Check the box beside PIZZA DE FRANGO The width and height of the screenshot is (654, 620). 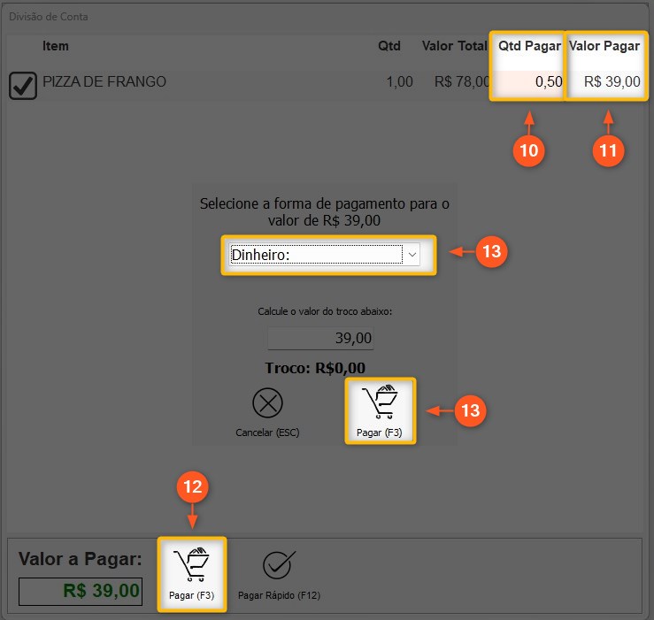(x=23, y=86)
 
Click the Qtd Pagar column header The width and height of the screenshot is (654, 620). (x=529, y=46)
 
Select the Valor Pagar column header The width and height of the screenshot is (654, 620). (x=604, y=46)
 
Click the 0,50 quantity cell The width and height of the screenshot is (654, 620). (x=549, y=81)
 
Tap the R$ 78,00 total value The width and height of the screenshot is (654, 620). (x=461, y=81)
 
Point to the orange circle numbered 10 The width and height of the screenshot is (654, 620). (x=529, y=150)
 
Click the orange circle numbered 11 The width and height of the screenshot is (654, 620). (x=608, y=150)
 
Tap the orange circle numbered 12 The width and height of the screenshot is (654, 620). (x=192, y=486)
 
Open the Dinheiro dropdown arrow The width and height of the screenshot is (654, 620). (x=412, y=255)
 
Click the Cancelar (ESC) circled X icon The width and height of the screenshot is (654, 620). (x=268, y=402)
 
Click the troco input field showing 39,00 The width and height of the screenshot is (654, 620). (x=320, y=338)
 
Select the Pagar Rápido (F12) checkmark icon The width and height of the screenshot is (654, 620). (x=279, y=565)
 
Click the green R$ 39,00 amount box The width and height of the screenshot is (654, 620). (x=81, y=591)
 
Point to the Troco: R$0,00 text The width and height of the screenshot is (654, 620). (x=315, y=368)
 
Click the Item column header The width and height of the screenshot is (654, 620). (x=56, y=46)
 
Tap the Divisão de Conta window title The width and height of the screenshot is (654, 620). (x=49, y=17)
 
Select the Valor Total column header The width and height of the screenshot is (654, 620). (x=454, y=46)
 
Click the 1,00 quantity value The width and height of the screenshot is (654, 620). (x=400, y=81)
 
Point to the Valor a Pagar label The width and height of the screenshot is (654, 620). (x=80, y=559)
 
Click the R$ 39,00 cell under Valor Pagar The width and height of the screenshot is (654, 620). (x=612, y=81)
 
